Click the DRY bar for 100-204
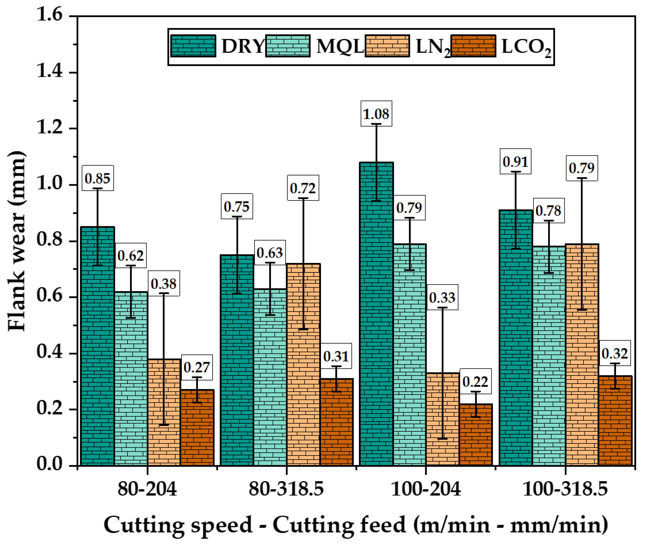tap(377, 314)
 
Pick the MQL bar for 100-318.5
tap(549, 355)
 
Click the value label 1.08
tap(376, 114)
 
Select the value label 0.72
tap(303, 188)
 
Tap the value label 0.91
tap(515, 161)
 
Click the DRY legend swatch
tap(193, 46)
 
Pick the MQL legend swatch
tap(288, 46)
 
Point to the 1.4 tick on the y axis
tap(49, 72)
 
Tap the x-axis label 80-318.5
tap(286, 489)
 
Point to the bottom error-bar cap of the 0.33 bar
tap(442, 438)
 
